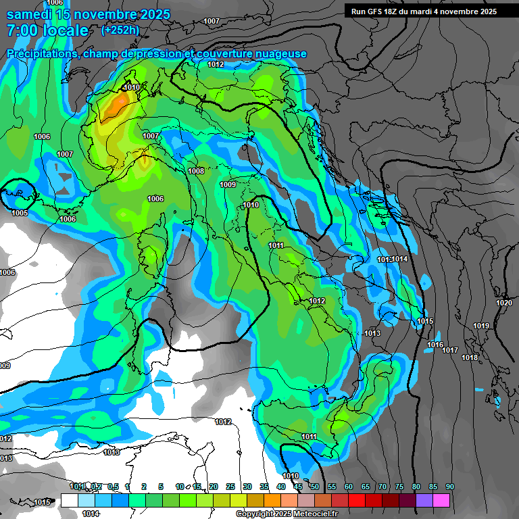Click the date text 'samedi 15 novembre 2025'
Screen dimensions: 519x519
point(88,14)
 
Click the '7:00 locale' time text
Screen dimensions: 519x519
point(47,30)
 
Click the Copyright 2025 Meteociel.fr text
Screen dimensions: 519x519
point(288,514)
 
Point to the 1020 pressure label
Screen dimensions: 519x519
point(503,303)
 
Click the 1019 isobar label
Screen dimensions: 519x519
point(480,326)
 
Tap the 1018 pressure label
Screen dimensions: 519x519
point(470,357)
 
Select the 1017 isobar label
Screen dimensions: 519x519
point(450,350)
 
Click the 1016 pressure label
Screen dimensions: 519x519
point(435,345)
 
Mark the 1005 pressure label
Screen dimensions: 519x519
point(20,213)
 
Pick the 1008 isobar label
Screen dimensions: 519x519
point(196,171)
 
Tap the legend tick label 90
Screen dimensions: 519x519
point(450,487)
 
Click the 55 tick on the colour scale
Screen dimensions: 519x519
point(331,487)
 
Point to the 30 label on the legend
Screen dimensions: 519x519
point(247,487)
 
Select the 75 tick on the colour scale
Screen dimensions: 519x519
point(399,487)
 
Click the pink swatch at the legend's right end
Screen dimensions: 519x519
point(441,501)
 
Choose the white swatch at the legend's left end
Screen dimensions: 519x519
point(69,501)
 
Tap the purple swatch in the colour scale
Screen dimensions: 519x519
point(424,501)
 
